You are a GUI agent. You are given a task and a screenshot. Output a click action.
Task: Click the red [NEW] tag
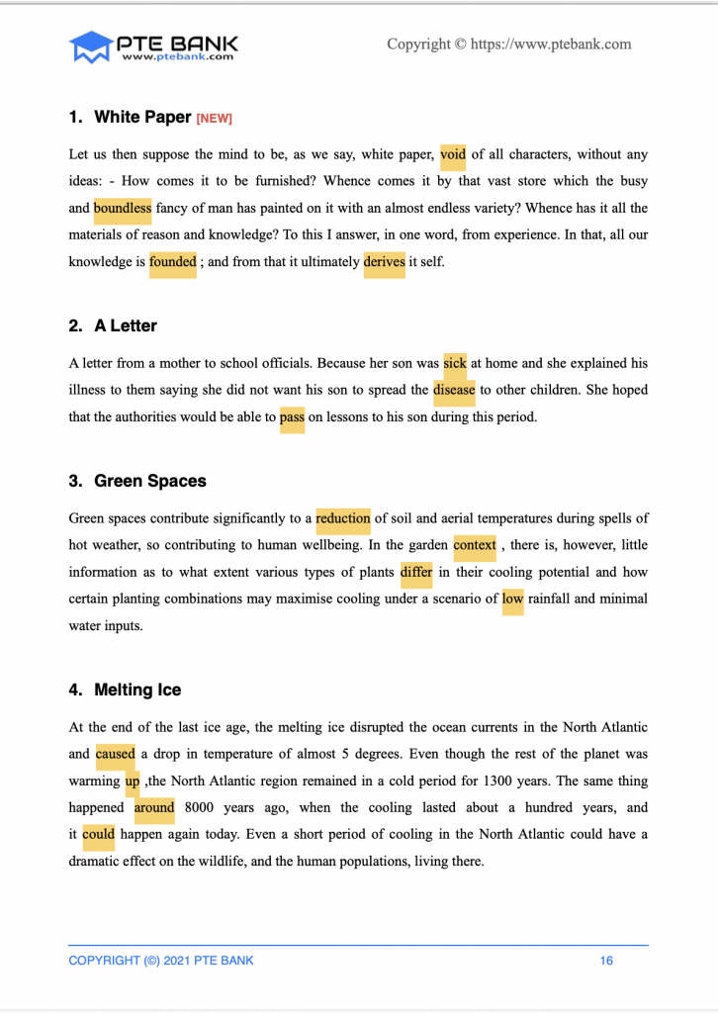click(214, 119)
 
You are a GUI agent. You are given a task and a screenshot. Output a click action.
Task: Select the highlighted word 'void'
click(453, 154)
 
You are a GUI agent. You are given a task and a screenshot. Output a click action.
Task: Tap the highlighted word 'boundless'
click(123, 209)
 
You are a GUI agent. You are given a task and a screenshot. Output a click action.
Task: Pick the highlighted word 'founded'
click(172, 263)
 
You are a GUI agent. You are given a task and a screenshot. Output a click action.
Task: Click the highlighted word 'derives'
click(384, 263)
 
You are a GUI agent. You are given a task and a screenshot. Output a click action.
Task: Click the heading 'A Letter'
click(126, 325)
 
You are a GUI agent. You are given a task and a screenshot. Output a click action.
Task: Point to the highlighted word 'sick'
click(455, 363)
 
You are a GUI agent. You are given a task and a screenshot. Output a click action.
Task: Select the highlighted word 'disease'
click(454, 390)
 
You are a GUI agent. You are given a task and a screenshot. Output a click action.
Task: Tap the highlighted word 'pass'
click(292, 417)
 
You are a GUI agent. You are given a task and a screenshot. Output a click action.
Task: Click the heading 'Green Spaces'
click(150, 481)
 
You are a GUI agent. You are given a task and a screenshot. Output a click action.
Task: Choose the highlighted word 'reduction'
click(343, 518)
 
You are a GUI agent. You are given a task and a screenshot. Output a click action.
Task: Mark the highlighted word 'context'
click(475, 545)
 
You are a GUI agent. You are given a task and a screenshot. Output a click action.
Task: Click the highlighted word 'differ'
click(416, 572)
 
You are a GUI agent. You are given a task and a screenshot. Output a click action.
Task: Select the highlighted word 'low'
click(512, 599)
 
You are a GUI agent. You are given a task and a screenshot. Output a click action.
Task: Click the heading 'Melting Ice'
click(137, 690)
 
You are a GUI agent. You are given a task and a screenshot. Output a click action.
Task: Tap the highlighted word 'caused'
click(115, 754)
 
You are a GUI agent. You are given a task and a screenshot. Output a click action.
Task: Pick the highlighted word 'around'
click(154, 807)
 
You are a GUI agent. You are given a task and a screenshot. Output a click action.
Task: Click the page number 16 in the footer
click(607, 961)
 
